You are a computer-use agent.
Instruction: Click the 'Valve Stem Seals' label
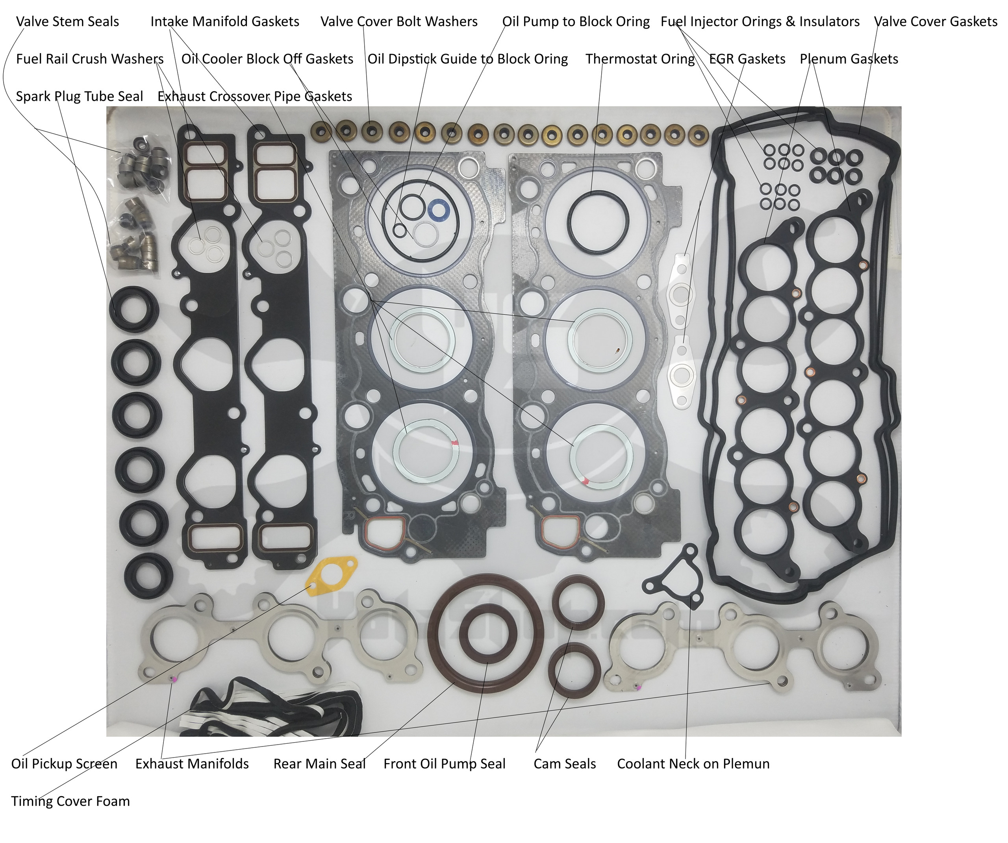[67, 22]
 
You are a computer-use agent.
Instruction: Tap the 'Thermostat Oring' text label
[640, 59]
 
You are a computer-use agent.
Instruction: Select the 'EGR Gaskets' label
[747, 59]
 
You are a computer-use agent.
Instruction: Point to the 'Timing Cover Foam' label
[70, 801]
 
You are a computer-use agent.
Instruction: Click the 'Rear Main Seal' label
[319, 764]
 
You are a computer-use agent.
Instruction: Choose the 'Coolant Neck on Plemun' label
[693, 764]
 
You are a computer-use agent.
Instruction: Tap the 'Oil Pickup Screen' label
[64, 764]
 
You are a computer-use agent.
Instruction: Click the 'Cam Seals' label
[565, 764]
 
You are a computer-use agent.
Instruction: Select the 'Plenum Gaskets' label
[849, 59]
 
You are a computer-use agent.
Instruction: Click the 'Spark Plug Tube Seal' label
[79, 96]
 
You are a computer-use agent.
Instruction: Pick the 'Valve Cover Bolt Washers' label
[399, 22]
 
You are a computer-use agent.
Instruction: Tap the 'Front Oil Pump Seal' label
[445, 764]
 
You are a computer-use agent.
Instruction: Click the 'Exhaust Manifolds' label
[192, 764]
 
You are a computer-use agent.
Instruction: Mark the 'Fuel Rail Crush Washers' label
[90, 59]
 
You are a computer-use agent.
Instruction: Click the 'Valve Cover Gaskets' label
[936, 22]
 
